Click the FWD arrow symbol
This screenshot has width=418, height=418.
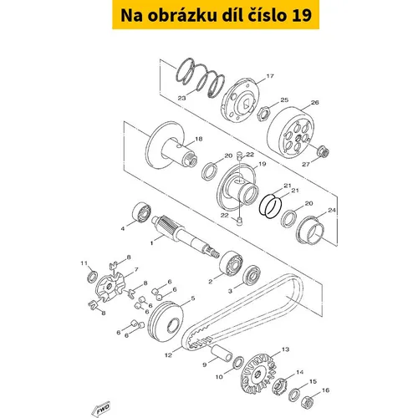(101, 410)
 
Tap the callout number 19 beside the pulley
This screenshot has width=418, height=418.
(263, 164)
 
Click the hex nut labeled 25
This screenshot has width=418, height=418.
(263, 113)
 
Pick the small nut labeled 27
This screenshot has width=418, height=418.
(324, 151)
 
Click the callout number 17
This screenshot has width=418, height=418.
(270, 76)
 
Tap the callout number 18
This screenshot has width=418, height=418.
(199, 139)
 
